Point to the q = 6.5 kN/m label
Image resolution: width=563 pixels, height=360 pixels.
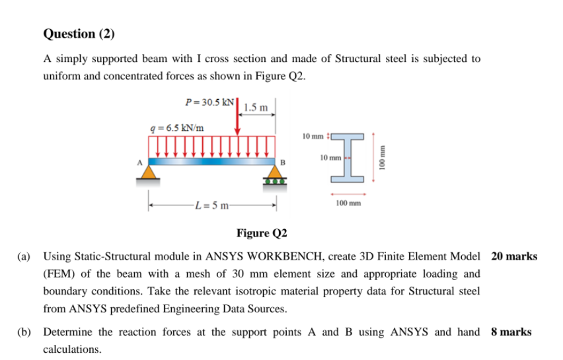[177, 127]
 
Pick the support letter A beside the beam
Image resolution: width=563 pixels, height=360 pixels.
[139, 160]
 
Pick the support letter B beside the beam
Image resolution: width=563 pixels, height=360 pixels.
[283, 162]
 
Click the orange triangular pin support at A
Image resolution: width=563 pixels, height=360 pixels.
[150, 172]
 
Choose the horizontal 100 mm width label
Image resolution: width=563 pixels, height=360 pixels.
[348, 203]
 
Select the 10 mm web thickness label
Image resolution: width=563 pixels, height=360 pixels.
[330, 159]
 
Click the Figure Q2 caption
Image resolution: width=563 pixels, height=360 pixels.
[262, 233]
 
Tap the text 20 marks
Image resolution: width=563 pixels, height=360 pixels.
[514, 256]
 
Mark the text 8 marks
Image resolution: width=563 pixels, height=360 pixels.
[511, 332]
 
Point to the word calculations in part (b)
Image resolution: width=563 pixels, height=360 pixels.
[72, 349]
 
